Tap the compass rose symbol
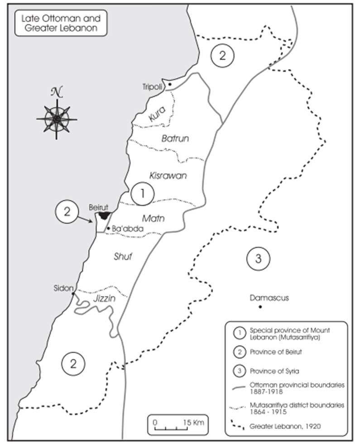pyautogui.click(x=57, y=119)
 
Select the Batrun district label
pyautogui.click(x=175, y=138)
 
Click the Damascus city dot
pyautogui.click(x=260, y=307)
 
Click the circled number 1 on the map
pyautogui.click(x=142, y=194)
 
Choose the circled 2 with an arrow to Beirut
pyautogui.click(x=67, y=211)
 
